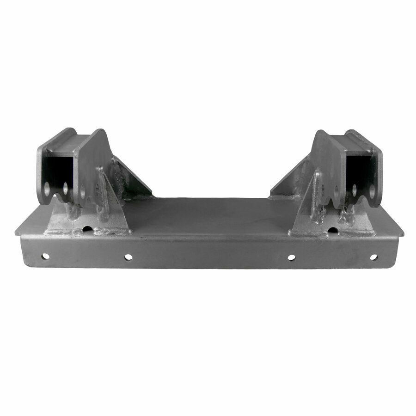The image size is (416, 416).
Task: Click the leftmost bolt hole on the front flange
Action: click(45, 256)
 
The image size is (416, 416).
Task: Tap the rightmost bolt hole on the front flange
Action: click(373, 257)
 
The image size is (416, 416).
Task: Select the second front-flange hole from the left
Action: click(128, 257)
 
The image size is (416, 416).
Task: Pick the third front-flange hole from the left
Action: click(292, 257)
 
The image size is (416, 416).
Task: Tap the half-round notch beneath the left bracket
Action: click(87, 228)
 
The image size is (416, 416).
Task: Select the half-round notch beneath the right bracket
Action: click(332, 229)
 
